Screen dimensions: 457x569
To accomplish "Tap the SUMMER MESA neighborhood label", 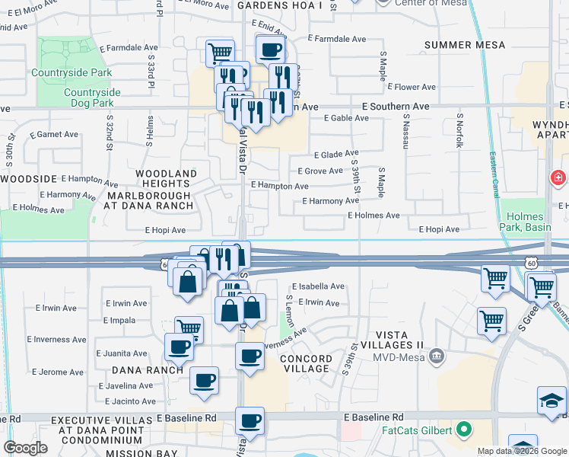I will [x=465, y=46].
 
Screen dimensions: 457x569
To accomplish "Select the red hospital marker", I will [x=558, y=178].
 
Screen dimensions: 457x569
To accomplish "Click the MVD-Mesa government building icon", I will [x=437, y=355].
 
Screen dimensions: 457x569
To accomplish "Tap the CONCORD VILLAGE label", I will [x=306, y=363].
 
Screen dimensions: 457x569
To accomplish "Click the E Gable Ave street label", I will [x=347, y=119].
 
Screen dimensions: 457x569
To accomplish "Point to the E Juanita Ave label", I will [x=122, y=353].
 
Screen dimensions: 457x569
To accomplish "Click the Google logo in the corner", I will [x=25, y=448].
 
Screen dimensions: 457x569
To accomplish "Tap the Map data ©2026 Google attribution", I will [x=521, y=451].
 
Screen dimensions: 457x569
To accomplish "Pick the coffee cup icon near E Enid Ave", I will [x=271, y=51].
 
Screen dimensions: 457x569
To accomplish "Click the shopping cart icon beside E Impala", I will [x=189, y=329].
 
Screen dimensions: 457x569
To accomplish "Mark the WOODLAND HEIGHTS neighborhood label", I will [x=166, y=179].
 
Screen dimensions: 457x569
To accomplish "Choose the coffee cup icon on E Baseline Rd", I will [x=249, y=420].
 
